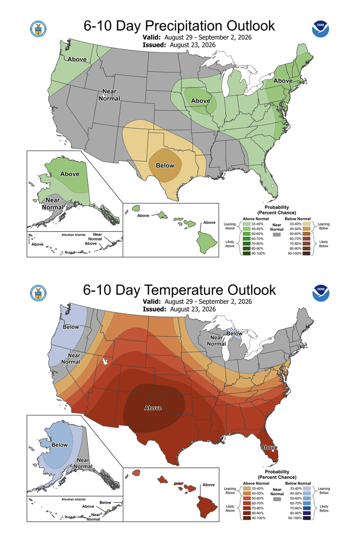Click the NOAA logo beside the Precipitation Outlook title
[x=320, y=29]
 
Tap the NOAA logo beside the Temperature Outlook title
[x=321, y=293]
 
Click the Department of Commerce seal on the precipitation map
[x=38, y=29]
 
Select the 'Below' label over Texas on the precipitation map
[x=165, y=166]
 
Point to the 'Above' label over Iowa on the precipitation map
[x=200, y=101]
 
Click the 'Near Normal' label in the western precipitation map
[x=109, y=95]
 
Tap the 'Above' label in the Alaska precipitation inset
[x=70, y=174]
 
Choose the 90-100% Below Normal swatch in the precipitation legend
[x=307, y=253]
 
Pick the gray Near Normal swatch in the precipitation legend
[x=277, y=235]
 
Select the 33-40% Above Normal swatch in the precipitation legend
[x=246, y=224]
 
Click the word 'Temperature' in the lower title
[x=184, y=290]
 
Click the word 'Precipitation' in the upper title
[x=184, y=26]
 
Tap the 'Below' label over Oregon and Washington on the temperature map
[x=71, y=327]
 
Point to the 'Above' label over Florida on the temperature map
[x=269, y=447]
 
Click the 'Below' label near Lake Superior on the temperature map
[x=234, y=333]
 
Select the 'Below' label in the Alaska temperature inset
[x=59, y=445]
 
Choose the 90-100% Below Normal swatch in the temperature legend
[x=307, y=518]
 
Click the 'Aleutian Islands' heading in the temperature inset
[x=73, y=499]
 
